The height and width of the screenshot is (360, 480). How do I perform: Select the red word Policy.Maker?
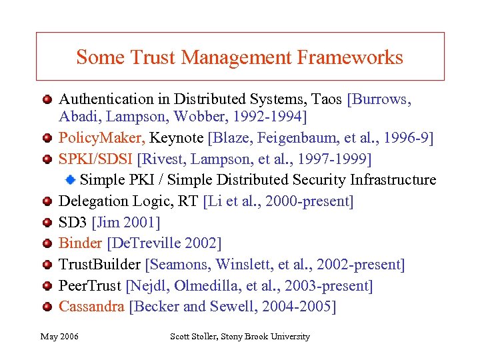click(102, 138)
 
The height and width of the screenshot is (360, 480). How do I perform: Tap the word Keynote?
click(177, 138)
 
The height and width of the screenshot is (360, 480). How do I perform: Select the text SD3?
click(73, 222)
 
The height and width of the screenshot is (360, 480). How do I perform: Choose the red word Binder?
click(81, 243)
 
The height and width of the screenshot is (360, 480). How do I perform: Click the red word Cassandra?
click(92, 307)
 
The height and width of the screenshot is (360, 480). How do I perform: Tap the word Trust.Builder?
click(100, 265)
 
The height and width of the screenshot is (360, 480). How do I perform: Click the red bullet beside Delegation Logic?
click(48, 201)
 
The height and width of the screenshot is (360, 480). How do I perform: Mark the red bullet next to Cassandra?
click(48, 307)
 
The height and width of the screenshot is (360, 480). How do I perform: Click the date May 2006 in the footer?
click(59, 337)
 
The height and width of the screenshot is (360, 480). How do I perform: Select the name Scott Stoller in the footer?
click(199, 337)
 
